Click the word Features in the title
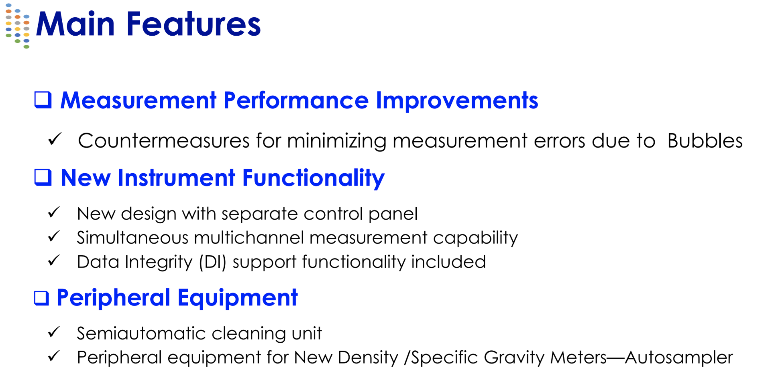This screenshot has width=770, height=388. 194,24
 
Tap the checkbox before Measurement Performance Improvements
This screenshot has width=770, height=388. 43,100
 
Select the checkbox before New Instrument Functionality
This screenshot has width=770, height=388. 43,177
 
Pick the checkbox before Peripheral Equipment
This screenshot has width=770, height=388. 41,298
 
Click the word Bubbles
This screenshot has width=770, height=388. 705,141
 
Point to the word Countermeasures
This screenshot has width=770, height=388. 164,141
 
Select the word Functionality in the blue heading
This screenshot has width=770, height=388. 314,178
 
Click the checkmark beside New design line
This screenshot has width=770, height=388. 54,212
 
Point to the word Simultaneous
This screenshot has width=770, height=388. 132,238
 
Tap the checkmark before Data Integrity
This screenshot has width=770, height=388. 54,261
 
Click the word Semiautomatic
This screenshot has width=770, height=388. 141,333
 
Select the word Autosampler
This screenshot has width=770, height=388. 679,358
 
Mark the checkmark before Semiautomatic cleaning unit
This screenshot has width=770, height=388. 54,332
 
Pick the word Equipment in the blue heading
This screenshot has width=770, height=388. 238,298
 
